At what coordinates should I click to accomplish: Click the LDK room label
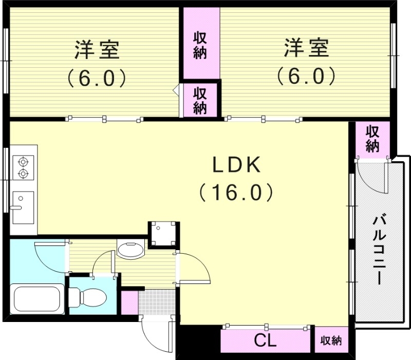[x=237, y=166]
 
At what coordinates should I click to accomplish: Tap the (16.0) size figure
[x=237, y=193]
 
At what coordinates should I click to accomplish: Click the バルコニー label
[x=379, y=251]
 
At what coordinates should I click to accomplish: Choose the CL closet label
[x=266, y=340]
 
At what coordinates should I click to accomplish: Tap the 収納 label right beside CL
[x=331, y=340]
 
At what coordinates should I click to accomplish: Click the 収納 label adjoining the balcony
[x=372, y=139]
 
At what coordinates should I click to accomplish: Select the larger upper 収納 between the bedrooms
[x=200, y=45]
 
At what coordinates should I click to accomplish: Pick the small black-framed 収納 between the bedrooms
[x=200, y=100]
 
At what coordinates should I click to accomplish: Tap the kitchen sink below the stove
[x=23, y=207]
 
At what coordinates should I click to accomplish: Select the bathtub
[x=38, y=299]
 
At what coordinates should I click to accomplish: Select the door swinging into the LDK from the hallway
[x=194, y=268]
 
